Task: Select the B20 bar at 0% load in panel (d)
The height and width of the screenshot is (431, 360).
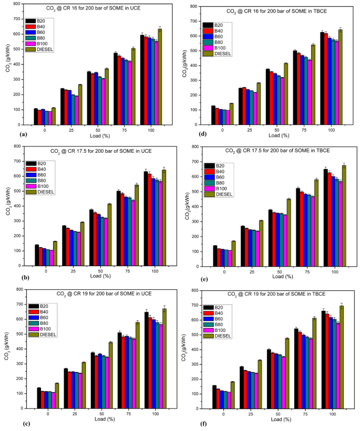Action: click(213, 115)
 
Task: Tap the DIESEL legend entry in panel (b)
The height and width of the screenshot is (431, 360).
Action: click(40, 192)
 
